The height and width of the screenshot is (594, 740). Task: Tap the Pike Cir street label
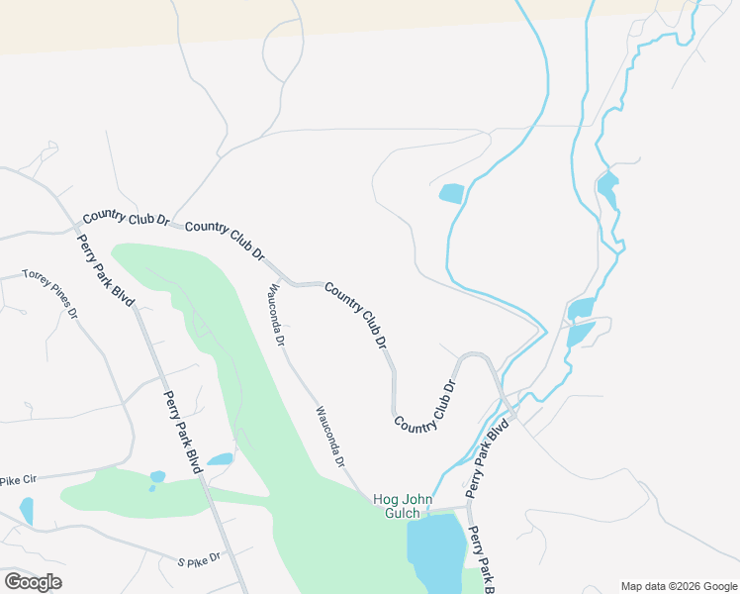(x=17, y=480)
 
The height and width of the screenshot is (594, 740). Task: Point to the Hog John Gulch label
(x=403, y=506)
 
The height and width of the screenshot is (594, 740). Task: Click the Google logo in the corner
(x=33, y=582)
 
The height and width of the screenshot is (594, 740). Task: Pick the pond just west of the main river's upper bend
(x=451, y=193)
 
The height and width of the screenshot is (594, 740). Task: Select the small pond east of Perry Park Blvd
(x=221, y=459)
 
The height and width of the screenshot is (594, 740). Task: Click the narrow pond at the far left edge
(x=27, y=510)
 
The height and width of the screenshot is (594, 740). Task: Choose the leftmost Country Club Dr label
(x=127, y=217)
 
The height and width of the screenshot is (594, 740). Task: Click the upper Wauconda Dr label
(x=275, y=315)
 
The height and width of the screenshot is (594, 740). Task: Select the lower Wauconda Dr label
(x=330, y=436)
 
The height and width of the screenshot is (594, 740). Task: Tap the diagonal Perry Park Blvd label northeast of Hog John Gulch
(x=487, y=454)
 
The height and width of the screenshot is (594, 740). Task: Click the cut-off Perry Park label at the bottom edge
(x=481, y=561)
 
